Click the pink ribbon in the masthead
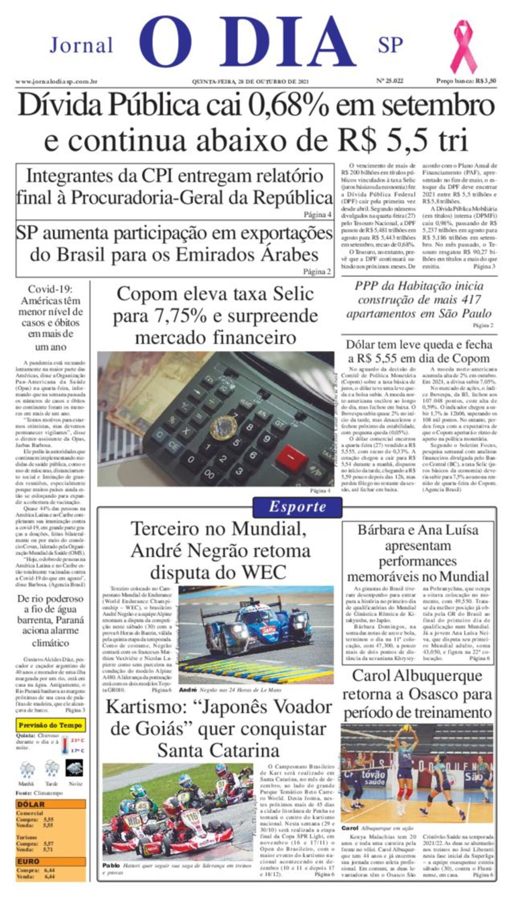(x=463, y=46)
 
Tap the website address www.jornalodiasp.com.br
(x=56, y=81)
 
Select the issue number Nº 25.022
(x=390, y=81)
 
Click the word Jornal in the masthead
(x=81, y=46)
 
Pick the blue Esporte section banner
(x=297, y=507)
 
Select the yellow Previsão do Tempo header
(x=50, y=725)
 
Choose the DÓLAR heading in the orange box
(x=31, y=804)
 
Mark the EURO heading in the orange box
(x=28, y=861)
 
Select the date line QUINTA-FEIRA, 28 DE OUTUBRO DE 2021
(x=250, y=81)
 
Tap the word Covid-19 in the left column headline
(x=50, y=289)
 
